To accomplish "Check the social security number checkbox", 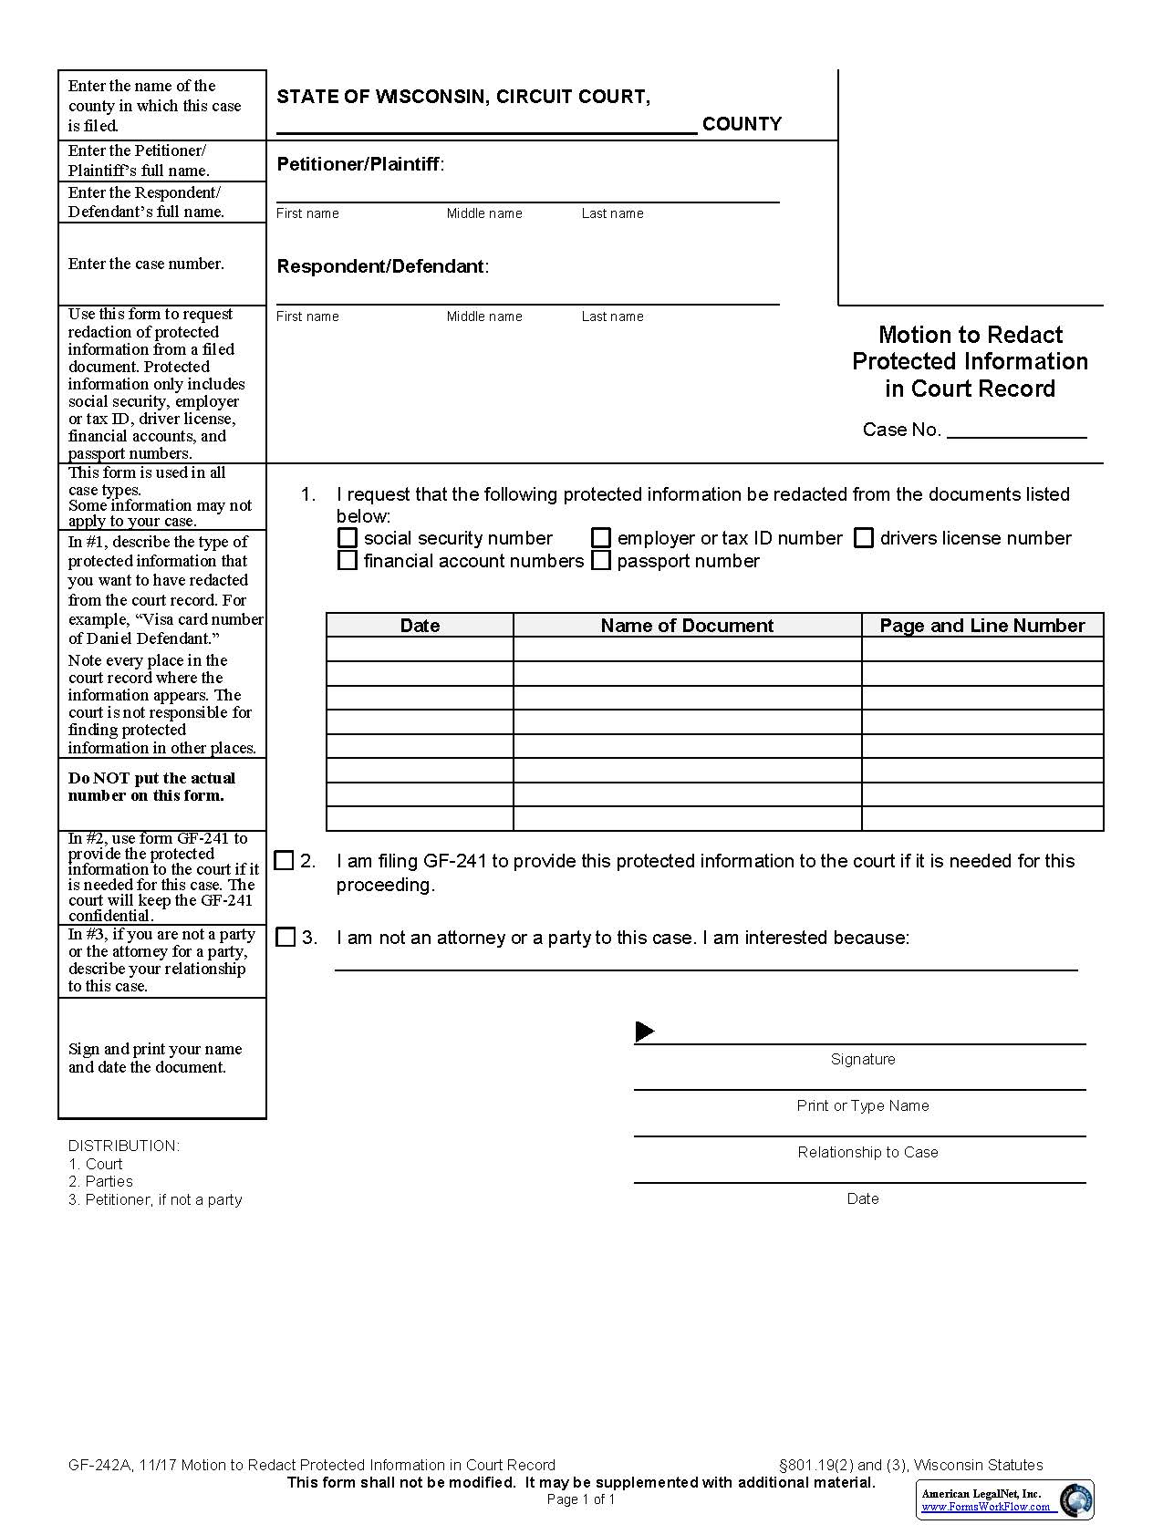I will click(348, 538).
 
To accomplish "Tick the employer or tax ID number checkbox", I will click(601, 538).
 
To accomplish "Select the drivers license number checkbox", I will click(864, 538).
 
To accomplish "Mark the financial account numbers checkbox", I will click(348, 561).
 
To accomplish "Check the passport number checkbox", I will click(601, 561).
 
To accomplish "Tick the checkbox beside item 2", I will click(285, 861).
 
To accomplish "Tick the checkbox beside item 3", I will click(286, 938).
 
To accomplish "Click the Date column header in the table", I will click(420, 626).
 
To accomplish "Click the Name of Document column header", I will click(687, 626).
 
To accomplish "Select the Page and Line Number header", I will click(982, 626).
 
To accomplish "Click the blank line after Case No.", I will click(1017, 430).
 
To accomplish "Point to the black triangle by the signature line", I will click(645, 1032).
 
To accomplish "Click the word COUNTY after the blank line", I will click(742, 124).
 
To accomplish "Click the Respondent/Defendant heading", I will click(381, 267).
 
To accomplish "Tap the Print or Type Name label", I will click(862, 1106).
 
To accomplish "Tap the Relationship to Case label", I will click(867, 1153).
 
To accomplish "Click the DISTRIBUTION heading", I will click(124, 1146).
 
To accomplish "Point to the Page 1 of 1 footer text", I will click(581, 1499).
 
